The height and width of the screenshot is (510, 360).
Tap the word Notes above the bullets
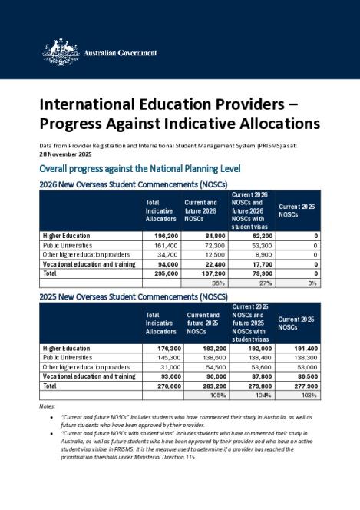click(x=48, y=406)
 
